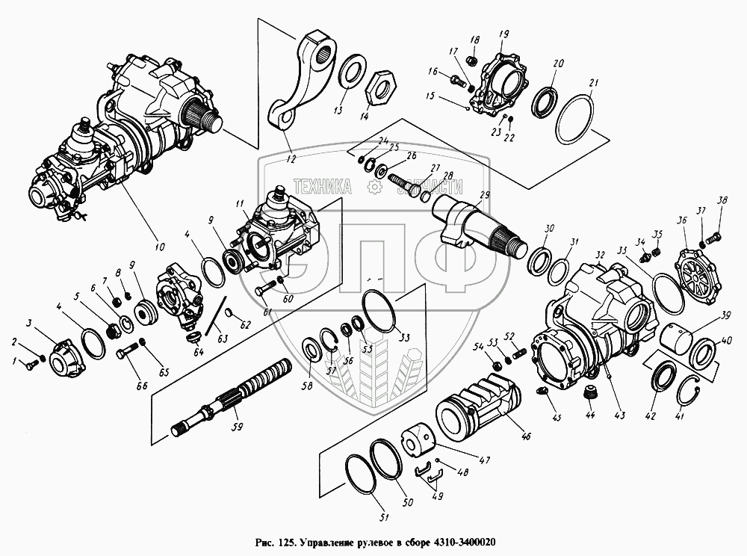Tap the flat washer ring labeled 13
point(351,72)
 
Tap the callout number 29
point(484,195)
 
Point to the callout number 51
point(383,516)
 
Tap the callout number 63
point(223,337)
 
